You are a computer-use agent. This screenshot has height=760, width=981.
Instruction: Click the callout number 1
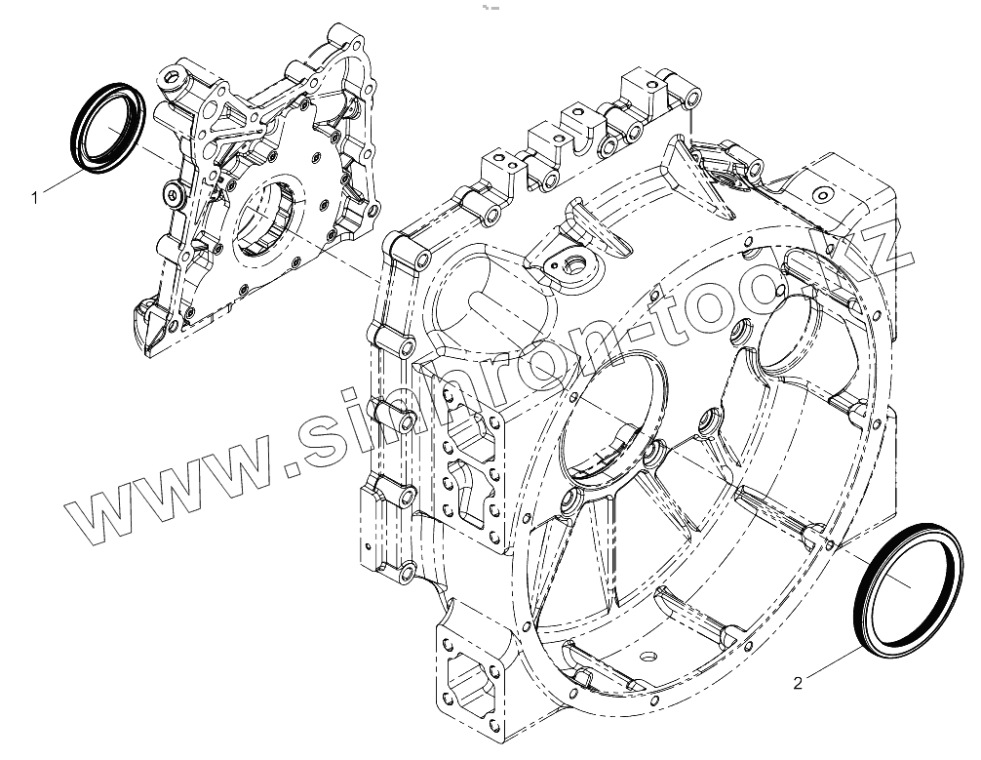[x=35, y=198]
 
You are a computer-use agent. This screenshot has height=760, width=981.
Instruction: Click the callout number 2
[x=798, y=683]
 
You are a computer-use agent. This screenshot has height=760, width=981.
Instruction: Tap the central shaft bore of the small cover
[x=267, y=216]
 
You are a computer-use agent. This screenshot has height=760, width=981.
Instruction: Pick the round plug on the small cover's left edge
[x=171, y=195]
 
